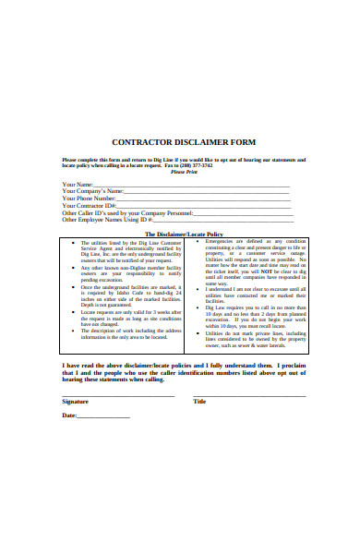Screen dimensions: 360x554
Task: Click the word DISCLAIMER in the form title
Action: click(201, 143)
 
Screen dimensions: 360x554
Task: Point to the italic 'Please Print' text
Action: click(185, 172)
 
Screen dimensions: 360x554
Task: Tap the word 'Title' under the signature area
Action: click(200, 402)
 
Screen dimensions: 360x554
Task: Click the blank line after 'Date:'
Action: click(103, 416)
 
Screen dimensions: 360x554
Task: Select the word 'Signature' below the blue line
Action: click(76, 402)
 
